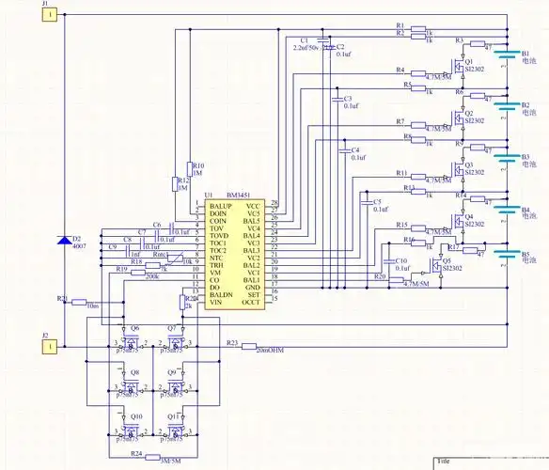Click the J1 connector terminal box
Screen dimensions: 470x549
point(50,15)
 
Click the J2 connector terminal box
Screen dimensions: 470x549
point(50,347)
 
